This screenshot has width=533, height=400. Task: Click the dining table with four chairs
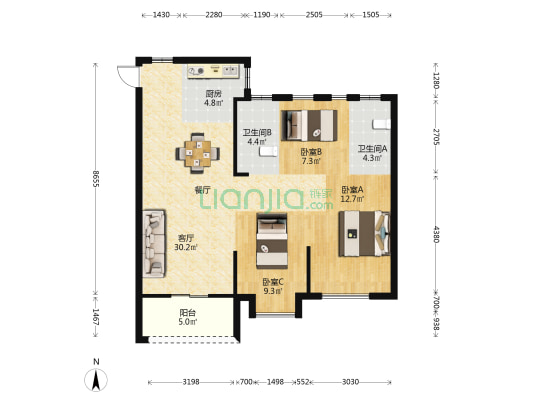pos(197,153)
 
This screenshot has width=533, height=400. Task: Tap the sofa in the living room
pos(154,243)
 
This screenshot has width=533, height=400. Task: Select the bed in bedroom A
pos(364,233)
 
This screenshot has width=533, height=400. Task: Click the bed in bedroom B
pos(309,125)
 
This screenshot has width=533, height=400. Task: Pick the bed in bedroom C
pos(272,241)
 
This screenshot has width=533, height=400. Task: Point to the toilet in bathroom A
pos(381,124)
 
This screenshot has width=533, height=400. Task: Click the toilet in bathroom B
pos(269,152)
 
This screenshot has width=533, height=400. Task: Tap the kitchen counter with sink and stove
pos(213,71)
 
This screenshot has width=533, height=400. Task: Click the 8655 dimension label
pos(96,178)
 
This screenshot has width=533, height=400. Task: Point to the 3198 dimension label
pos(191,382)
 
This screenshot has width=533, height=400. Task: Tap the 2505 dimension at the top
pos(314,15)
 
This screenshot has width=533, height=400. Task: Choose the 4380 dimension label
pos(436,234)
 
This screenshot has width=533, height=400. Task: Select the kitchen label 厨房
pos(213,94)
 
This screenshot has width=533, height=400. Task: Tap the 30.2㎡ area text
pos(186,247)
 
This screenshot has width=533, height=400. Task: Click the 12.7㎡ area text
pos(353,199)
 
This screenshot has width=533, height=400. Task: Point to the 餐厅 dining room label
pos(203,190)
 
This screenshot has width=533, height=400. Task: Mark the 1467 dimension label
pos(96,317)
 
